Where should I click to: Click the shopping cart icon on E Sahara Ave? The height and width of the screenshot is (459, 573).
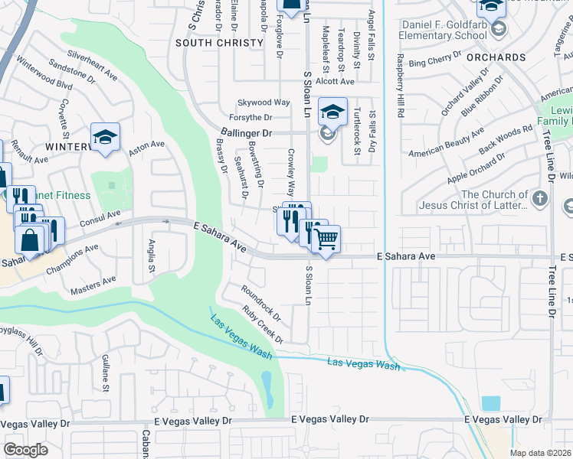pos(326,240)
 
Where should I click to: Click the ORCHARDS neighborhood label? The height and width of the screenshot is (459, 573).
pos(496,57)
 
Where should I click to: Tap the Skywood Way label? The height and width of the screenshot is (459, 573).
pos(264,102)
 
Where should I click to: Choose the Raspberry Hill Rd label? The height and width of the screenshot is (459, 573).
pos(399,85)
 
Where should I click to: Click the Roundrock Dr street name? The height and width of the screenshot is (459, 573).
pos(261,304)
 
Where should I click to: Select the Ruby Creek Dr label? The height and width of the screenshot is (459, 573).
pos(263,325)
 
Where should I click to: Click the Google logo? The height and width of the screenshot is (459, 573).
pos(25,450)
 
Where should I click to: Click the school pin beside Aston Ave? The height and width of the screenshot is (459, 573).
pos(105,138)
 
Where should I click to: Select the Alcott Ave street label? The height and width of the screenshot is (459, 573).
pos(336,81)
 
